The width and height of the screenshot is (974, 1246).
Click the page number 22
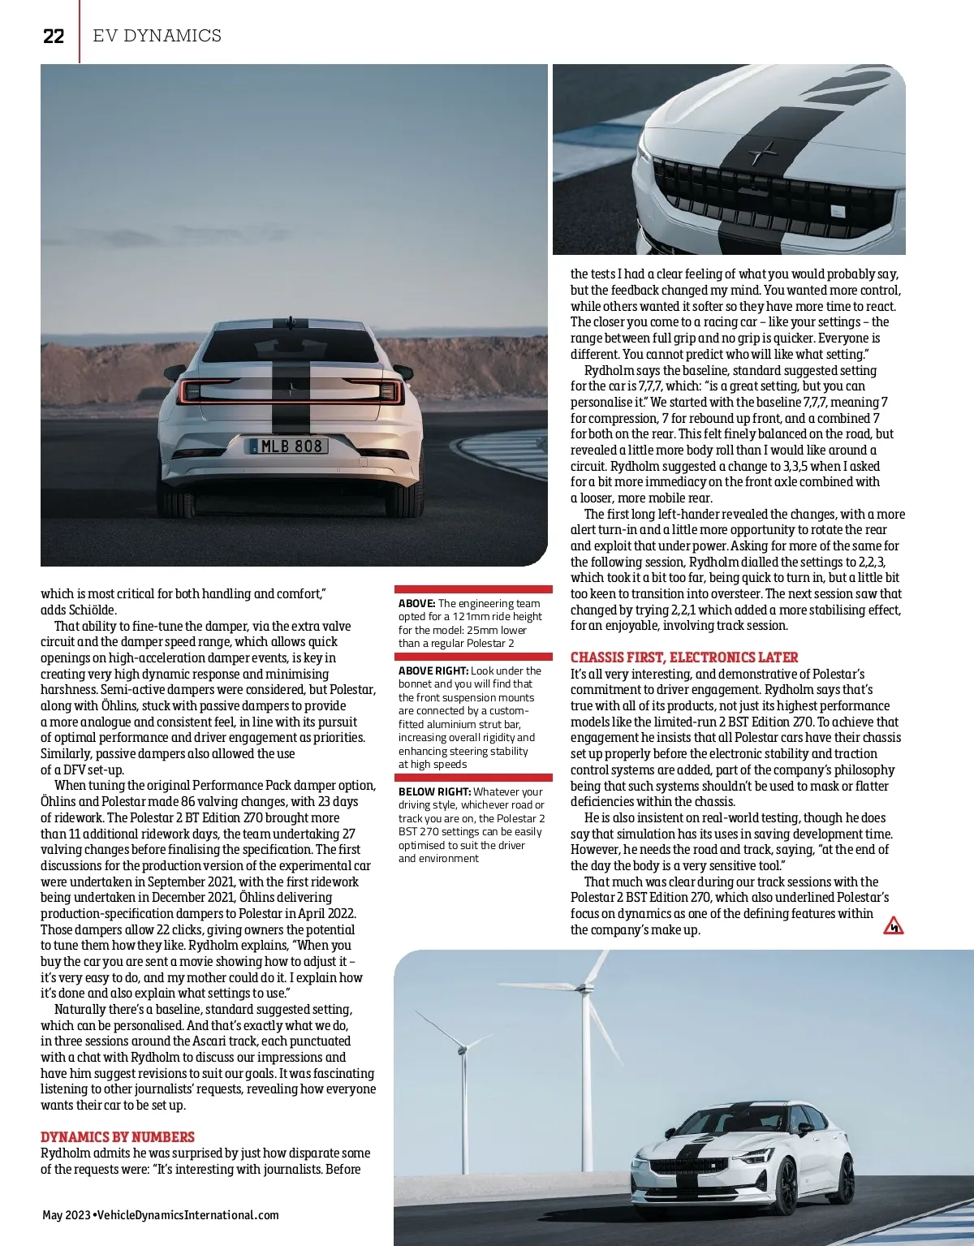point(54,36)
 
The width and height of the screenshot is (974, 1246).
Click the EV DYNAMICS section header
point(157,36)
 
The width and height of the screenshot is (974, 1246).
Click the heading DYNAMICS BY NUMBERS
point(118,1136)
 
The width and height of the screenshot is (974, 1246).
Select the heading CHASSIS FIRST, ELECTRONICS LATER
point(684,657)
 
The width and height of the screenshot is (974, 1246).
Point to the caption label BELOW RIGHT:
point(434,791)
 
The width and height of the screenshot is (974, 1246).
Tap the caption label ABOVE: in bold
point(417,603)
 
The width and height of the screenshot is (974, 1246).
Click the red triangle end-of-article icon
point(893,925)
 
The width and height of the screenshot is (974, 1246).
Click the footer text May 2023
point(66,1215)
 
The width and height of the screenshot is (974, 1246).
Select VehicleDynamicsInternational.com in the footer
point(187,1215)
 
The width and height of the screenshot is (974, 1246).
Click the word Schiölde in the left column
point(92,610)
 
